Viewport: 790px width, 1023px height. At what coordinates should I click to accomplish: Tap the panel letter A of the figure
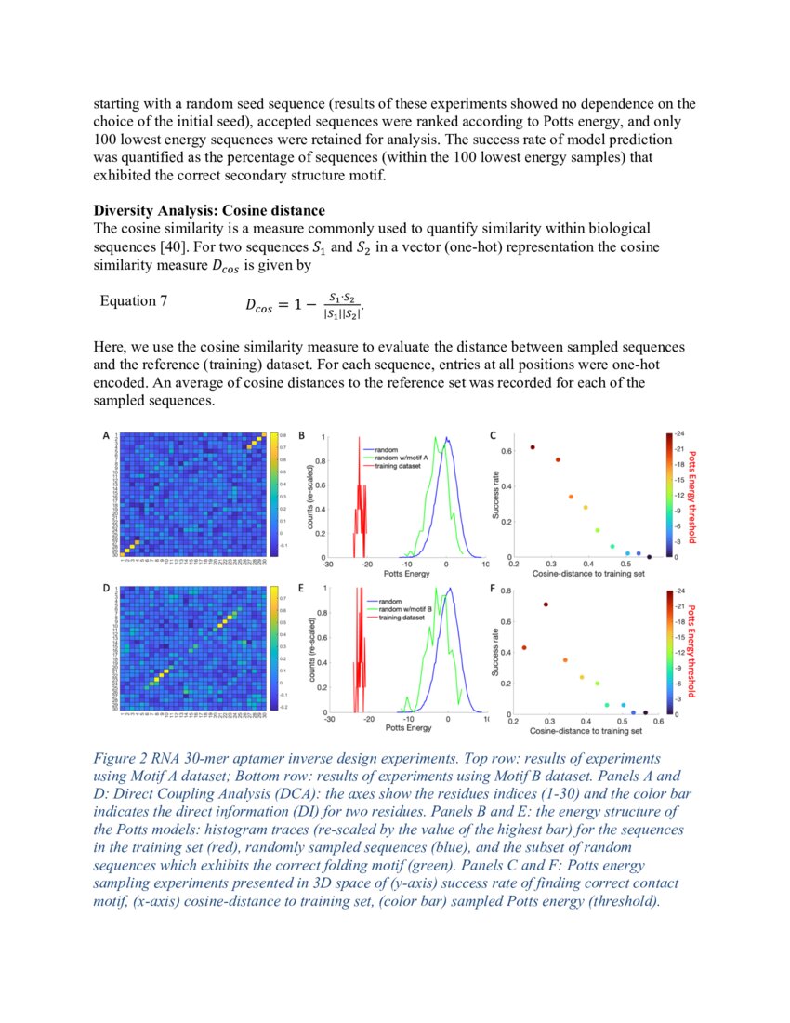[106, 434]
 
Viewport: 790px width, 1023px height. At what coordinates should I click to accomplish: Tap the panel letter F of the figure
[493, 588]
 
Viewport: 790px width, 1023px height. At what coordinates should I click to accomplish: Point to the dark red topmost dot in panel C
[532, 447]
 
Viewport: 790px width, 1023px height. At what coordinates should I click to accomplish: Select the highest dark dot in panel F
[546, 604]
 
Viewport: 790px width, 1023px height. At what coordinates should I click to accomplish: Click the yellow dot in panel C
[585, 507]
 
